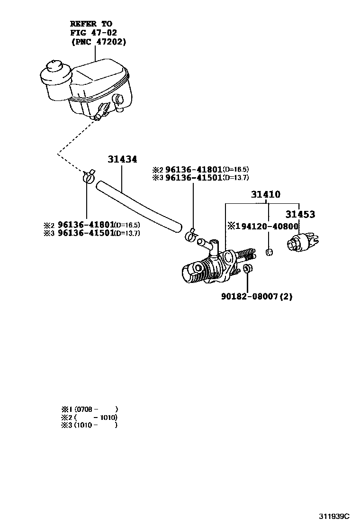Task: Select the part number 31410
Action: pos(266,194)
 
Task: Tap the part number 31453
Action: pos(300,215)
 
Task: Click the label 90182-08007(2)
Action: pos(256,297)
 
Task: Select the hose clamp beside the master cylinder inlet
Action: pos(191,234)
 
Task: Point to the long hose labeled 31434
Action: pos(140,206)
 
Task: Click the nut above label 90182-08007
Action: pos(247,270)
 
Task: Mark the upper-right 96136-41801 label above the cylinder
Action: pos(194,169)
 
